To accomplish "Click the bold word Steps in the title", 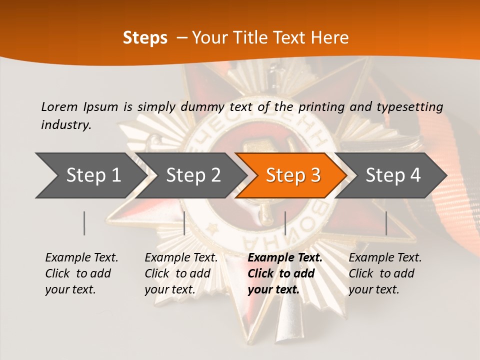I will (x=145, y=38).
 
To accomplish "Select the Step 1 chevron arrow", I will (x=90, y=175).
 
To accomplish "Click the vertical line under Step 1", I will (x=84, y=223).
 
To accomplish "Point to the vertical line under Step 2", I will (x=184, y=223).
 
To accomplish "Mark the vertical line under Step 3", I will (x=285, y=223).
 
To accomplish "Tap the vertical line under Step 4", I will (x=386, y=223).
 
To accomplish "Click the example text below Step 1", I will (x=81, y=273).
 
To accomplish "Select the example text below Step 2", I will (x=181, y=273).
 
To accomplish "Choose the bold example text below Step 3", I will (x=285, y=273).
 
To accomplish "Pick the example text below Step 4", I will (x=385, y=273).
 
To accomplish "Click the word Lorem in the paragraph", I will (x=59, y=106).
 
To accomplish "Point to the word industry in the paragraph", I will (x=66, y=125).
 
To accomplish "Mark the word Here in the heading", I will (x=329, y=38).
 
